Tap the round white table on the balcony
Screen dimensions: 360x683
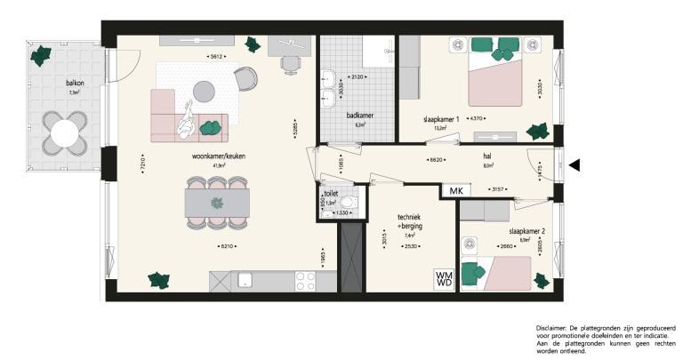point(66,134)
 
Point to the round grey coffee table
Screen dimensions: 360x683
point(205,90)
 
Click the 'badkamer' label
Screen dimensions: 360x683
point(360,116)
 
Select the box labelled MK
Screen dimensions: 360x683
point(456,191)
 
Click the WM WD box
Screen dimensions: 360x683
point(444,278)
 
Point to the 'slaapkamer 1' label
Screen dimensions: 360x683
point(441,119)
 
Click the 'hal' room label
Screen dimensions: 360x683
point(487,153)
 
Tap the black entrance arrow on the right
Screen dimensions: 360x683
point(575,164)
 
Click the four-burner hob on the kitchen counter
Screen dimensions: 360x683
point(305,281)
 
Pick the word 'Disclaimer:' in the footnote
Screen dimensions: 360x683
point(554,328)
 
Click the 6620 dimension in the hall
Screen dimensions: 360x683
point(436,161)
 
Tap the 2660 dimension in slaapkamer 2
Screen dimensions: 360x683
point(507,246)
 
